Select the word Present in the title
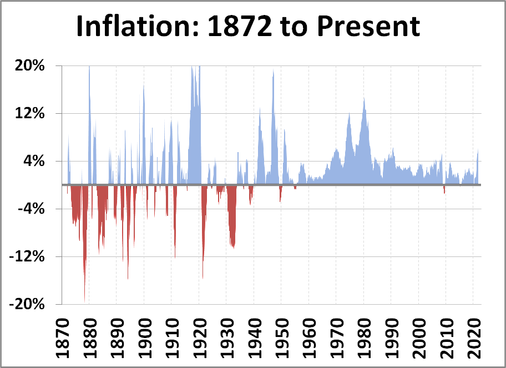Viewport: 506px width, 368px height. point(370,27)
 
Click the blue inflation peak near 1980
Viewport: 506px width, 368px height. point(364,100)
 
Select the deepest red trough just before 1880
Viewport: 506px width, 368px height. point(85,297)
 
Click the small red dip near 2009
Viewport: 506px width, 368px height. point(444,191)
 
